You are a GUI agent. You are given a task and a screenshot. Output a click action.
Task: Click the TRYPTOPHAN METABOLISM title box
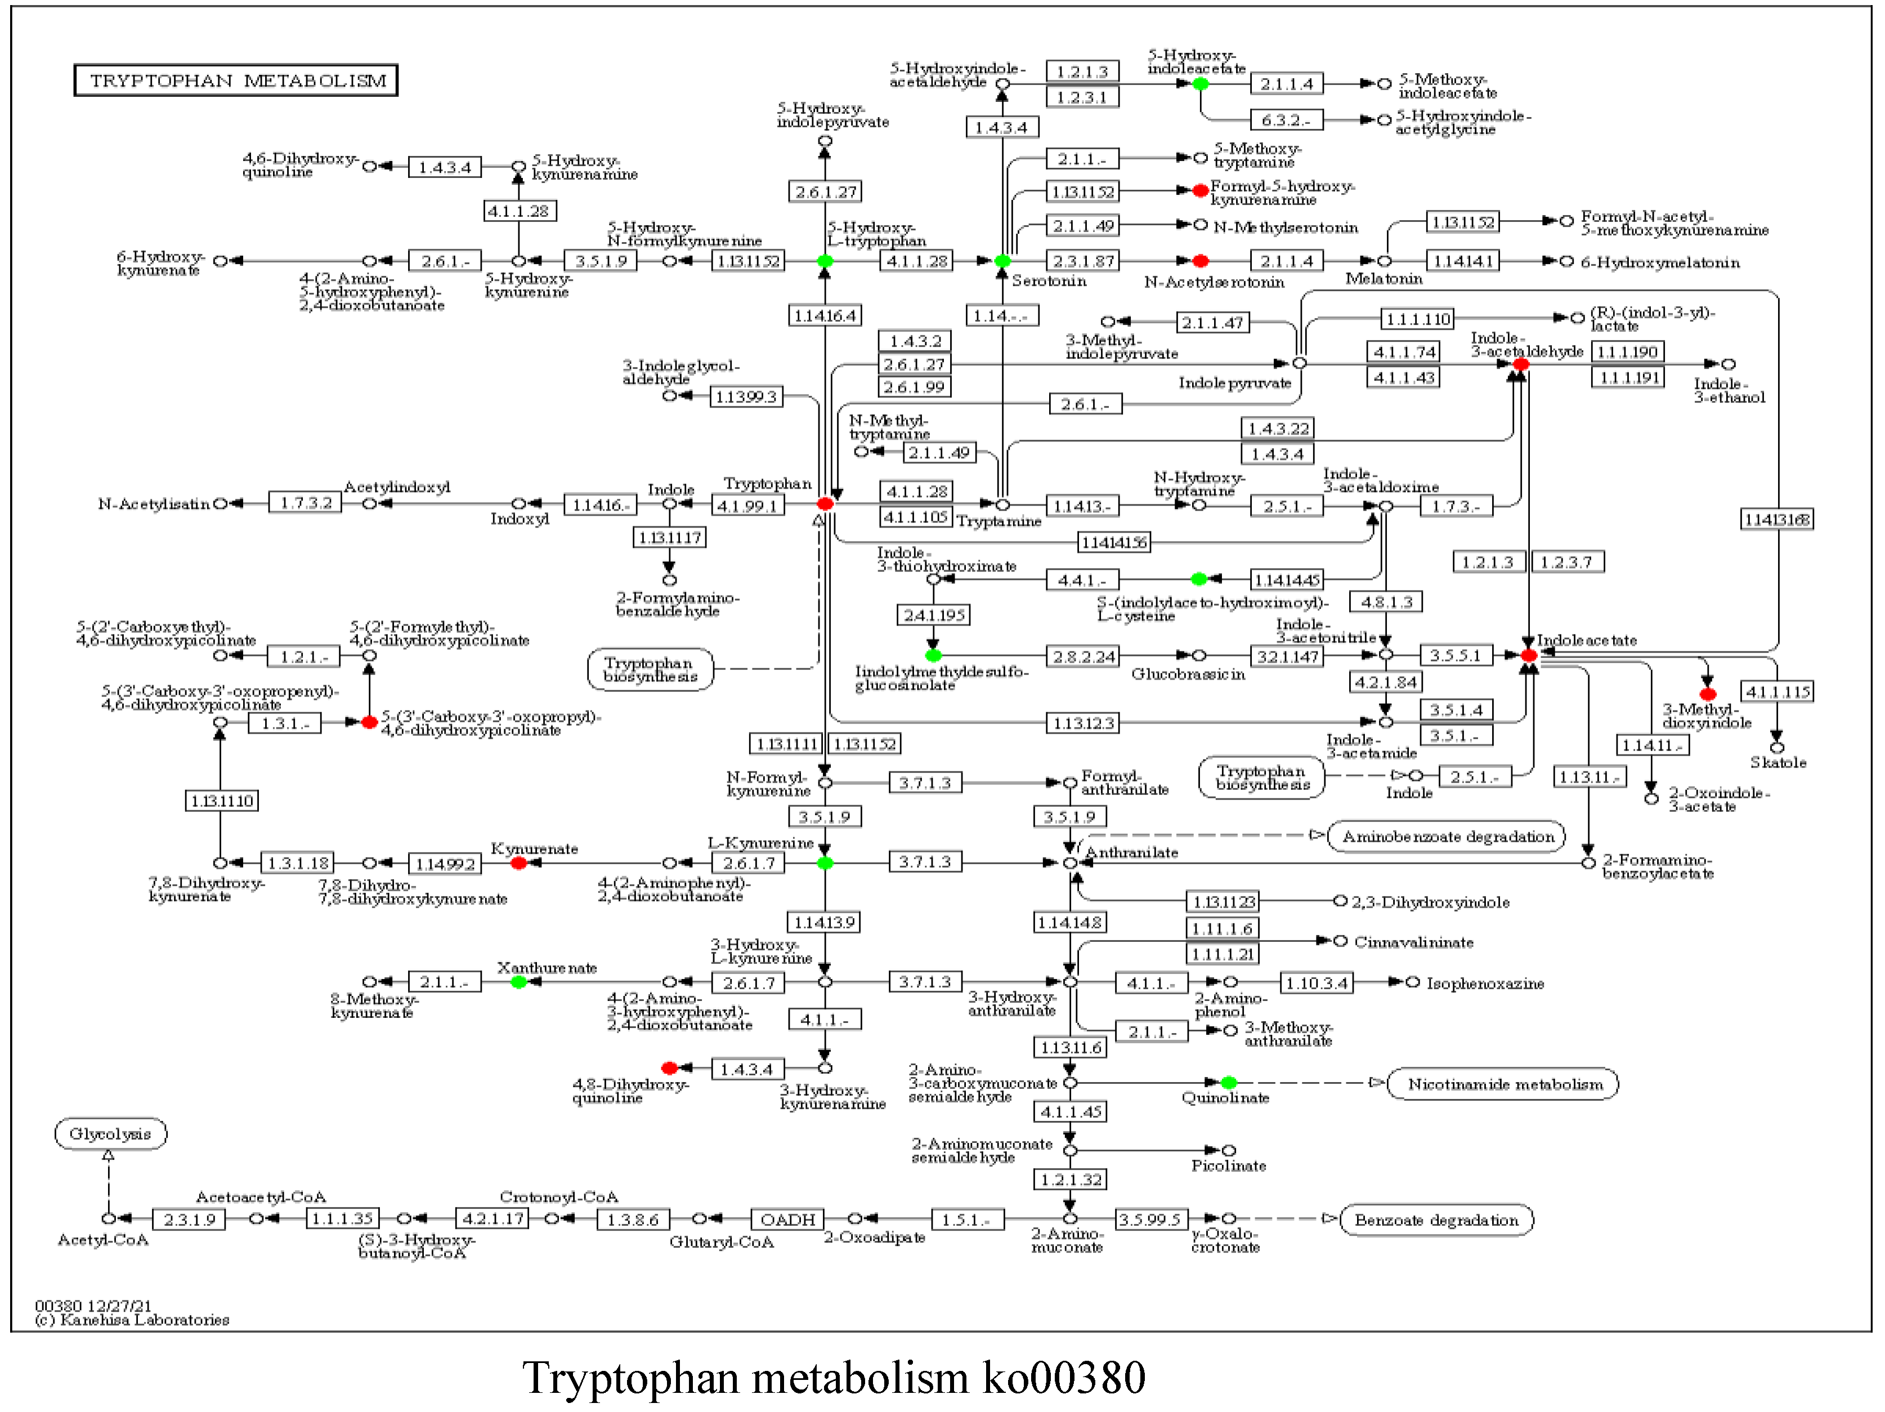tap(236, 81)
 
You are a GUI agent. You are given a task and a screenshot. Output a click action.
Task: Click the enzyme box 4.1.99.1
tap(747, 506)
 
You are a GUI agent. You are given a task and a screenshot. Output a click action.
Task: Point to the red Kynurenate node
tap(518, 863)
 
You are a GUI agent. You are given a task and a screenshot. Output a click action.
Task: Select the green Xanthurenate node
tap(518, 982)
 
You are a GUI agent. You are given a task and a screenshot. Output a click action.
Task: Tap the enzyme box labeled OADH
tap(787, 1220)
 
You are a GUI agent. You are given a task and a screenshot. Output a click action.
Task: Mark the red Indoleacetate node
tap(1529, 655)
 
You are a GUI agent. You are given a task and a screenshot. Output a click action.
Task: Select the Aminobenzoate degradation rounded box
tap(1447, 837)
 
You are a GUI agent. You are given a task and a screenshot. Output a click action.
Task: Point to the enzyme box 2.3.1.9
tap(189, 1220)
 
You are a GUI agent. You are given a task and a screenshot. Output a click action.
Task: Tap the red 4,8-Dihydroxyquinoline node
tap(669, 1069)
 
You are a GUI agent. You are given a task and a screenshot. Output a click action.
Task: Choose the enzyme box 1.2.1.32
tap(1071, 1180)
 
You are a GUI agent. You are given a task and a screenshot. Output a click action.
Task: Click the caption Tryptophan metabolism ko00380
tap(834, 1378)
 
